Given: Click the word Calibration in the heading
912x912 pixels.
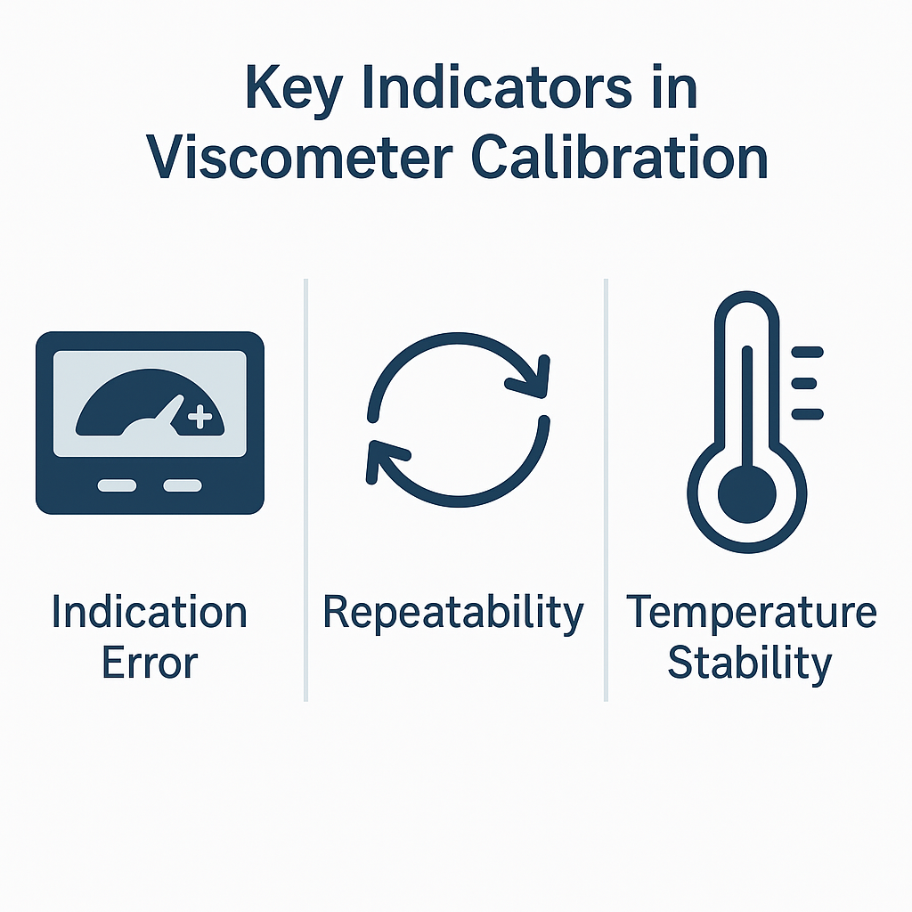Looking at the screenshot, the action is pyautogui.click(x=620, y=157).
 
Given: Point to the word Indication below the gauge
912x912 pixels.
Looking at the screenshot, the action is pyautogui.click(x=150, y=612).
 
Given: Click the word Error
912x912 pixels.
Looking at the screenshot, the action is pyautogui.click(x=150, y=663).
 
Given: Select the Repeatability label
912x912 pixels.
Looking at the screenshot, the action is pyautogui.click(x=453, y=615).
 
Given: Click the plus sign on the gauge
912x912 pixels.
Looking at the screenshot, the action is pyautogui.click(x=200, y=417).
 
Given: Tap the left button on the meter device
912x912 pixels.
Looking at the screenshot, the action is pyautogui.click(x=117, y=485).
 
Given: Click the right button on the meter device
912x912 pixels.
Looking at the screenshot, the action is pyautogui.click(x=183, y=485).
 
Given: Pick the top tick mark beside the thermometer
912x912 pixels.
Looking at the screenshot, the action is pyautogui.click(x=807, y=352).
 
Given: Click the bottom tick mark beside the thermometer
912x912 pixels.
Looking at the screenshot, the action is pyautogui.click(x=807, y=414).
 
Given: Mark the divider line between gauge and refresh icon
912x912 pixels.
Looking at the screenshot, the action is pyautogui.click(x=306, y=490).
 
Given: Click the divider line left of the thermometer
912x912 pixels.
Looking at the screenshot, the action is pyautogui.click(x=606, y=490).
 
